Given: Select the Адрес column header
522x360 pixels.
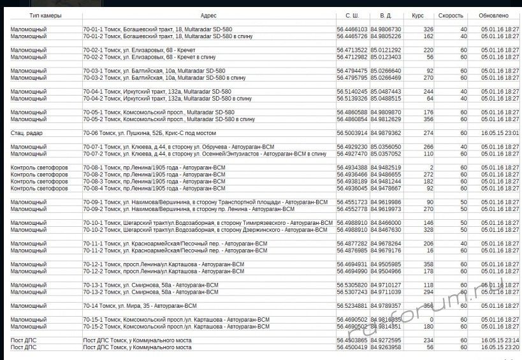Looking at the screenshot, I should (x=208, y=15).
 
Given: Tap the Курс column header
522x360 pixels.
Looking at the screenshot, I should (x=418, y=15).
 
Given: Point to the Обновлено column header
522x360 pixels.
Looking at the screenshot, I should (x=494, y=15).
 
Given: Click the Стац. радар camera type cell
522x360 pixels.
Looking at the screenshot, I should (x=27, y=133).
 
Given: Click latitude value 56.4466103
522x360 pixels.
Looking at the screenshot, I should (x=352, y=29).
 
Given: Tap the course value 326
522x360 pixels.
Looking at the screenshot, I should (x=428, y=29).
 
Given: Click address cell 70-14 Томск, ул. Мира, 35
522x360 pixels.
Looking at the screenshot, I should (x=140, y=306).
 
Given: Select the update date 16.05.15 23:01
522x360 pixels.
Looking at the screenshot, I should (x=500, y=133).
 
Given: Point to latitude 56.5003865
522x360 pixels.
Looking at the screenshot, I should (x=352, y=341).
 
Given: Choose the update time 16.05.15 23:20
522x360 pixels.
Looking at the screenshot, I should (x=500, y=348).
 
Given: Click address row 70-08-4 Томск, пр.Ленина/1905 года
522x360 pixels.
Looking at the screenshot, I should (x=154, y=189).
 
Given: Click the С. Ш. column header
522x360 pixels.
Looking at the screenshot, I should (x=352, y=15).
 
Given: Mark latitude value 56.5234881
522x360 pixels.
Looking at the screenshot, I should (x=352, y=306).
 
